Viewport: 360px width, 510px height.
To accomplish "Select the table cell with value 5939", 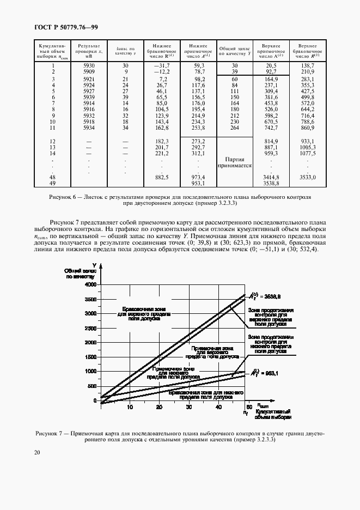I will coord(89,97).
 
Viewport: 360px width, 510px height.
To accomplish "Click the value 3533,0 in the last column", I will coord(307,178).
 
